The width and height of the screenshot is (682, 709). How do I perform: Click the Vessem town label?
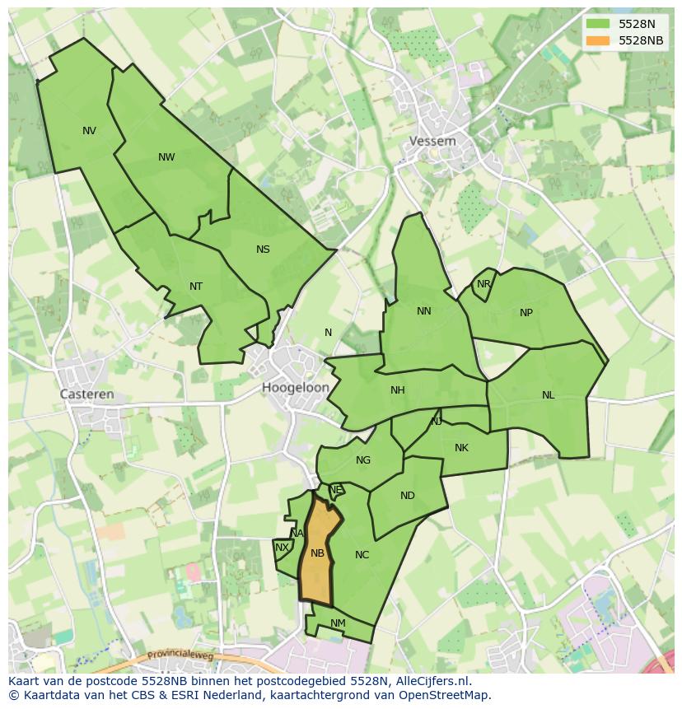pos(432,141)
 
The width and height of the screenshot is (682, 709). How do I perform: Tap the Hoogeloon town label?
pos(296,387)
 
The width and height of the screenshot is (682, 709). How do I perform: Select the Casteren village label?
pos(86,394)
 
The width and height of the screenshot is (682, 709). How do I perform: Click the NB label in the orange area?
pos(317,553)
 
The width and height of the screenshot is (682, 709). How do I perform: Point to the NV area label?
pos(89,130)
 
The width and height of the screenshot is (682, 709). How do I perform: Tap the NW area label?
pos(166,157)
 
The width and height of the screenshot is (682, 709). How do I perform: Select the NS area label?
pos(263,250)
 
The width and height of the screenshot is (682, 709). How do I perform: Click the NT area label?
pos(196,287)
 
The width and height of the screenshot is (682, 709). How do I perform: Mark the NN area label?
pos(424,311)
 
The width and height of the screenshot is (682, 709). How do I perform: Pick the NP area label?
pos(526,313)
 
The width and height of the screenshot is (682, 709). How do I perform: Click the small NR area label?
pos(483,284)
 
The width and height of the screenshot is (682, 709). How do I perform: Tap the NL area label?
pos(549,395)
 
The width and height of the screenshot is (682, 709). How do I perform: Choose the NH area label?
pos(398,390)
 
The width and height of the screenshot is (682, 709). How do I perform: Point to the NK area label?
pos(461,448)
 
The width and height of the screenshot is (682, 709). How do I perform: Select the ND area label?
pos(408,496)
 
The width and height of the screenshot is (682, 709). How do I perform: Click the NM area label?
pos(338,623)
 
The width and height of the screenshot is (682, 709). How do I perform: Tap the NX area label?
pos(282,548)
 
